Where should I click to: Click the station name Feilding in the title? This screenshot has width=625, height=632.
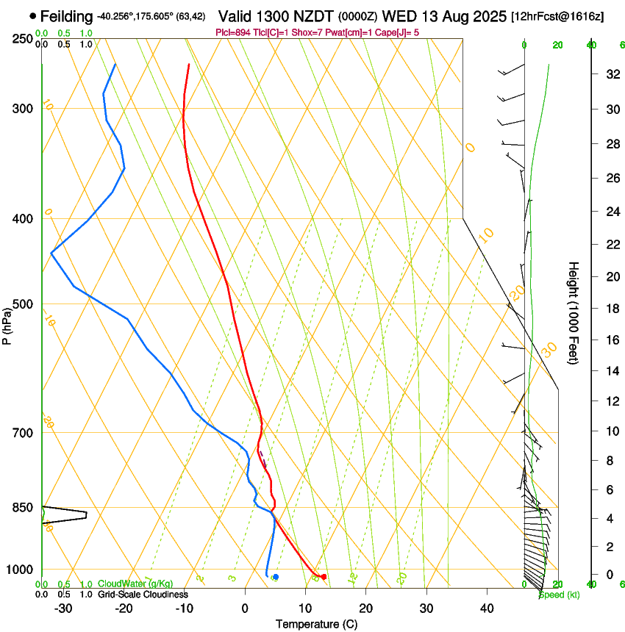click(67, 15)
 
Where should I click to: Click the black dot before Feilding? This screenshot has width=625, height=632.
click(33, 15)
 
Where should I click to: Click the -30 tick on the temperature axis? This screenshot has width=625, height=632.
click(63, 608)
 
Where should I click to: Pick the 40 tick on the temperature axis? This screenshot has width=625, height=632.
click(487, 608)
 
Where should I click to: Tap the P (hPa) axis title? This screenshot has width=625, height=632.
click(7, 324)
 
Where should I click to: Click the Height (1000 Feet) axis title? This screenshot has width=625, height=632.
click(574, 312)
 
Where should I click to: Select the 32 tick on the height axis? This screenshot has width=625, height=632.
click(610, 74)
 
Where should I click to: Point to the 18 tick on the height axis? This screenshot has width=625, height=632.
click(610, 309)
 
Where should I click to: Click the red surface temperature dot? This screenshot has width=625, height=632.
click(324, 576)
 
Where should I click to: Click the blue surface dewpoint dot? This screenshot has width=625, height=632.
click(276, 577)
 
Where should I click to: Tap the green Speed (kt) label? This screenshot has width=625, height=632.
click(559, 594)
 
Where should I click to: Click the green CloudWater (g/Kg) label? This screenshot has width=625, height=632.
click(135, 583)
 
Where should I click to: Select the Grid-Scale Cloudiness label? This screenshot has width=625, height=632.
click(143, 594)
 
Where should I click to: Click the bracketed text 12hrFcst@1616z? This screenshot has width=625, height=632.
click(557, 16)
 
